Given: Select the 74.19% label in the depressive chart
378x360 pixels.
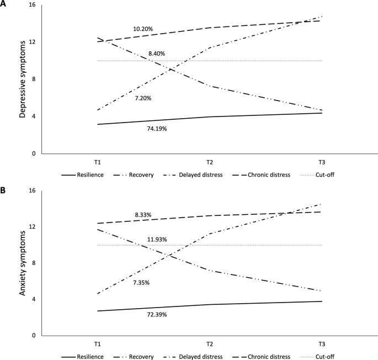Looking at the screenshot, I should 156,129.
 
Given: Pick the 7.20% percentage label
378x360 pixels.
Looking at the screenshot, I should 143,98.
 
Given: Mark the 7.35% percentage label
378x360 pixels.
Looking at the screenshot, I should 141,283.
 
